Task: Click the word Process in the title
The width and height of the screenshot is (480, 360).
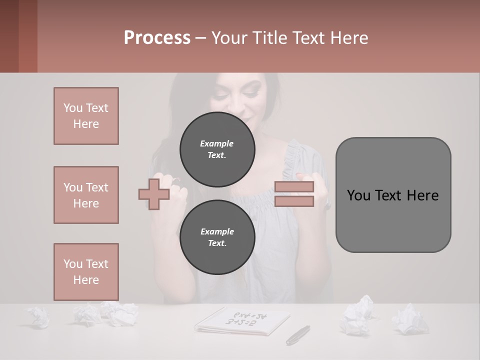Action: pos(157,38)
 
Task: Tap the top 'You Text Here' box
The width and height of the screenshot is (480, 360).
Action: pos(86,116)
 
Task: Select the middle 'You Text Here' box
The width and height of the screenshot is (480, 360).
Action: pos(86,195)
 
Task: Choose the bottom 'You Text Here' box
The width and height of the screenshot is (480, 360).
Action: pos(86,272)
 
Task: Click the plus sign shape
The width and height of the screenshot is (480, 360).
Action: pos(154,194)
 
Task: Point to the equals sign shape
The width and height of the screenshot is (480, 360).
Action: pos(294,194)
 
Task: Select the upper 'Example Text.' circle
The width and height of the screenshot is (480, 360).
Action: pos(217,149)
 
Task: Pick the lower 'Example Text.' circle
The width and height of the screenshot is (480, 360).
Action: pos(217,237)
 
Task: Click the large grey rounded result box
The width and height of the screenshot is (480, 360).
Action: pos(393,195)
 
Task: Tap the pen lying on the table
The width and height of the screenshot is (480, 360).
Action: pos(298,334)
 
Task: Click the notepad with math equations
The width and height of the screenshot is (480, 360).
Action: pos(243,320)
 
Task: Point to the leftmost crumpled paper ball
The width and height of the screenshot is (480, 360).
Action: pos(38,316)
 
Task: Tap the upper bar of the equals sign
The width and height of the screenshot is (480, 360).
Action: pos(294,187)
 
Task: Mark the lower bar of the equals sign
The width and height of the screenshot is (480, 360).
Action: pos(294,201)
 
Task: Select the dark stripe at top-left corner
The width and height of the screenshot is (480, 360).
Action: pos(9,36)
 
